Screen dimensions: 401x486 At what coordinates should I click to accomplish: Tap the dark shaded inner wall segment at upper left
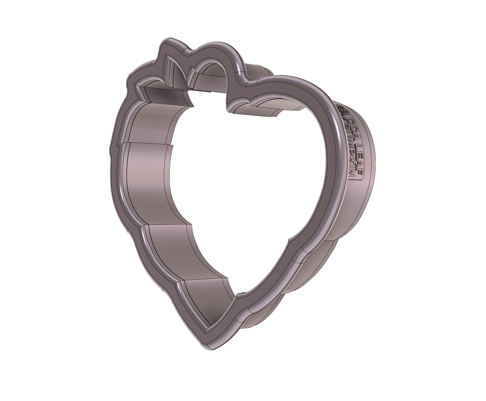pyautogui.click(x=166, y=97)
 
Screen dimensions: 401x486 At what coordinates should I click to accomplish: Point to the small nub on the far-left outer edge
pyautogui.click(x=110, y=154)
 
